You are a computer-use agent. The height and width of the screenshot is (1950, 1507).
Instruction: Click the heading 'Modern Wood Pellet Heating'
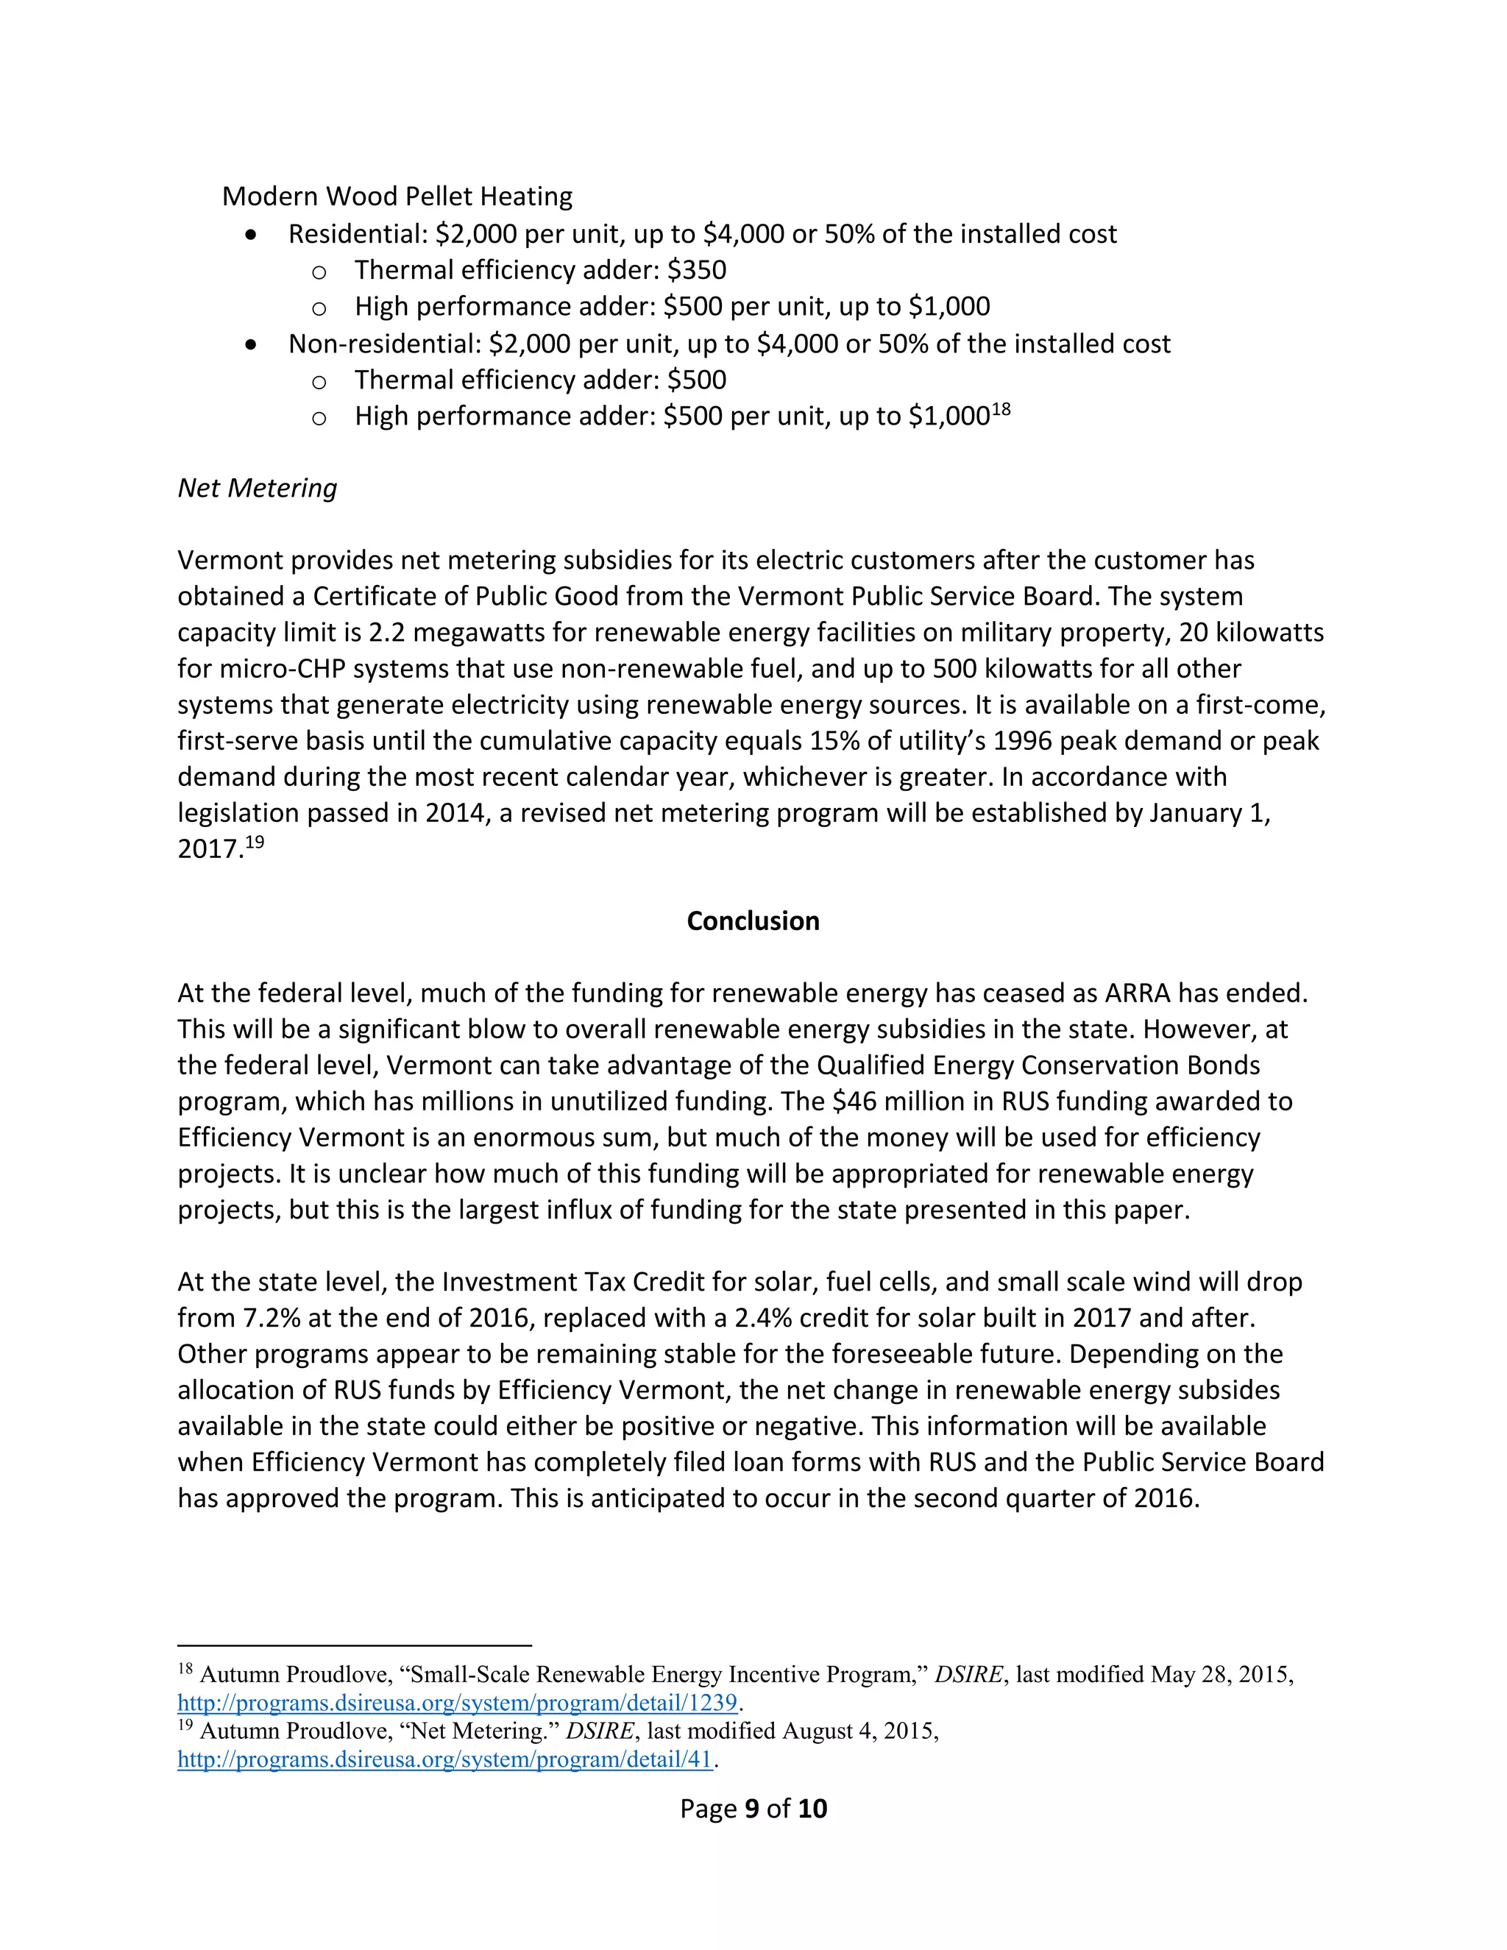397,196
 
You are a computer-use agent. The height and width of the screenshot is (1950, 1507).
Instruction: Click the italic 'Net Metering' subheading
257,489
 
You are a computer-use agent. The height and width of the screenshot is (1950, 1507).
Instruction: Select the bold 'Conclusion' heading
753,921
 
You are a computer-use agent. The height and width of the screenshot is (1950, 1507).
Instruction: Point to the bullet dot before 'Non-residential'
252,344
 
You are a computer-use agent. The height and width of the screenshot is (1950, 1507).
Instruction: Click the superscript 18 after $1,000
1001,410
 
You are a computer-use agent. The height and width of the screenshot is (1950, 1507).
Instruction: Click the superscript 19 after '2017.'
255,842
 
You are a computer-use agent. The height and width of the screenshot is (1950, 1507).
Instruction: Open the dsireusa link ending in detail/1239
457,1703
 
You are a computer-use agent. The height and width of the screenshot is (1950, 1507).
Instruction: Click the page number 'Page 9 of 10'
753,1809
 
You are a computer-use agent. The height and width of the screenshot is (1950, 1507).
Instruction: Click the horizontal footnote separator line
355,1645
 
